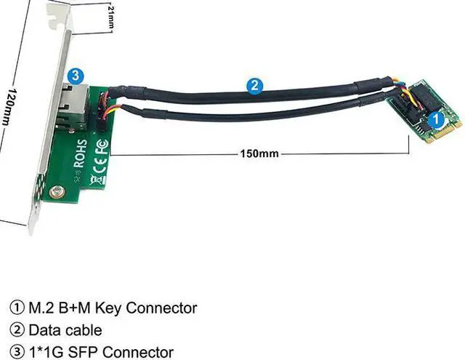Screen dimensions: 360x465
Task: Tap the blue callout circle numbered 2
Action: click(x=254, y=85)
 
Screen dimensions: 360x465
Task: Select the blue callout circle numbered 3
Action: click(x=75, y=75)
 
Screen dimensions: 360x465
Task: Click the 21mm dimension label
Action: click(x=110, y=17)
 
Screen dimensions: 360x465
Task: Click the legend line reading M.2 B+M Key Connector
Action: click(x=102, y=308)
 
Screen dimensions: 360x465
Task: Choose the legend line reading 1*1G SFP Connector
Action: click(x=91, y=353)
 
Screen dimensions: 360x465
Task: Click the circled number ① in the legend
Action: click(x=16, y=308)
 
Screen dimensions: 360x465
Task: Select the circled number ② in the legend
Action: click(x=16, y=330)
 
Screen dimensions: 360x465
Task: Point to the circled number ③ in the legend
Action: click(x=16, y=353)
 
